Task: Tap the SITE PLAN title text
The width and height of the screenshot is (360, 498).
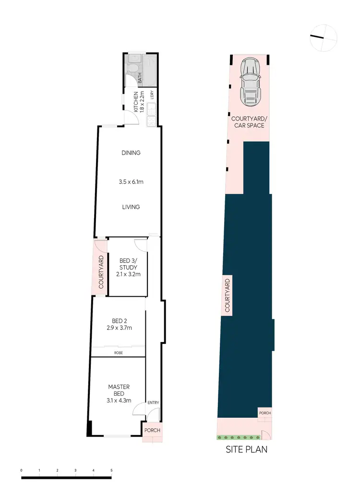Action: pyautogui.click(x=246, y=450)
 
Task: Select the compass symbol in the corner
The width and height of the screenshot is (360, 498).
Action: pyautogui.click(x=324, y=38)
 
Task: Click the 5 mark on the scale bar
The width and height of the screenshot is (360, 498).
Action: pyautogui.click(x=111, y=470)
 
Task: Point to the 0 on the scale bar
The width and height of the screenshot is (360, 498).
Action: pyautogui.click(x=22, y=470)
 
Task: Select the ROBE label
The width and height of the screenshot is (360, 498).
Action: pyautogui.click(x=118, y=352)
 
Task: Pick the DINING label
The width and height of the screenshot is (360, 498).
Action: pyautogui.click(x=131, y=153)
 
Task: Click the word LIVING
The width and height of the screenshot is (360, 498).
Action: pyautogui.click(x=131, y=207)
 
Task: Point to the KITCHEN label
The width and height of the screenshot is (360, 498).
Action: pyautogui.click(x=136, y=102)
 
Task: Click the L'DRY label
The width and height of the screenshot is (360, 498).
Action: pyautogui.click(x=151, y=95)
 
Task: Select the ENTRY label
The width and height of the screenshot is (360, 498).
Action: pyautogui.click(x=153, y=403)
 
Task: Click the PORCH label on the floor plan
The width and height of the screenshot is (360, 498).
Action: pyautogui.click(x=152, y=430)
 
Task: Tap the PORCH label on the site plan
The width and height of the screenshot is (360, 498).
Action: pyautogui.click(x=265, y=413)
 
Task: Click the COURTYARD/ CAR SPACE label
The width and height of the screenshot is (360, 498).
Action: pyautogui.click(x=248, y=122)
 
